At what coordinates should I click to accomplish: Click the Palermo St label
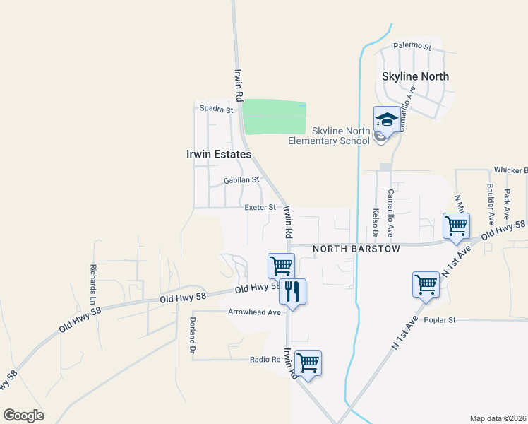[x=412, y=46]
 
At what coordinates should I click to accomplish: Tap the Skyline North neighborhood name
[x=415, y=76]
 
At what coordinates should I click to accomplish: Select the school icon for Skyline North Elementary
[x=387, y=120]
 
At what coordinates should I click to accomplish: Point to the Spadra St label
[x=215, y=110]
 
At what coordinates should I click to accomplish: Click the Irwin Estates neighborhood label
[x=218, y=154]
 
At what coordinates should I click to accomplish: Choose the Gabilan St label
[x=241, y=180]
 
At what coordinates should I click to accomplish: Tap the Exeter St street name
[x=260, y=208]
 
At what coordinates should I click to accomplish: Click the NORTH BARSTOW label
[x=356, y=249]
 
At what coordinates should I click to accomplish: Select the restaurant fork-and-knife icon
[x=292, y=290]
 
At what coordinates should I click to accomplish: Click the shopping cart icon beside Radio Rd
[x=308, y=363]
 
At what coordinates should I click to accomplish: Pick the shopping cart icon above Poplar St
[x=426, y=285]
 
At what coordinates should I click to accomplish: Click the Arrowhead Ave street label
[x=254, y=312]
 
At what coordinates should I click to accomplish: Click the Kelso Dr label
[x=375, y=223]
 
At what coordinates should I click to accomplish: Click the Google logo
[x=24, y=416]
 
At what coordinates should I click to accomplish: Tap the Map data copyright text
[x=497, y=418]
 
